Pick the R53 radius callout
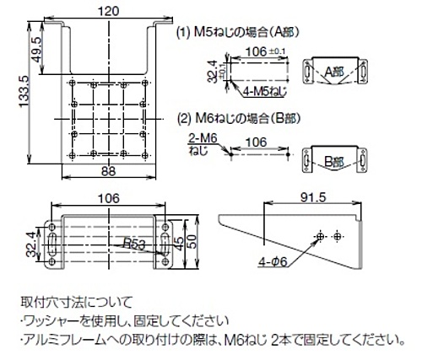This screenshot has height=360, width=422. click(x=131, y=244)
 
